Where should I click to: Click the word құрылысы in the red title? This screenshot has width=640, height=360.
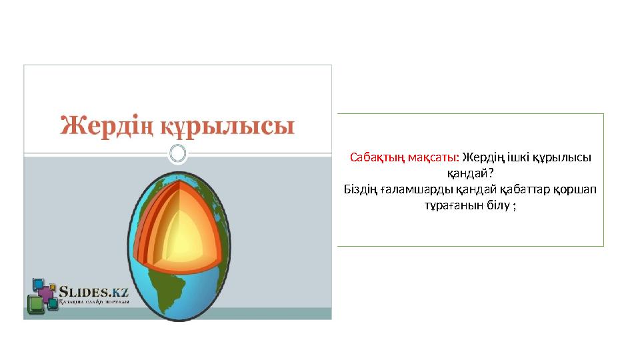click(227, 127)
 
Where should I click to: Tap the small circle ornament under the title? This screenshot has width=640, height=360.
click(177, 154)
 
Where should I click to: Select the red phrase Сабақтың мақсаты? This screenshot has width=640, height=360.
click(405, 157)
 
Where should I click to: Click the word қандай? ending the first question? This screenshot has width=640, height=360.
click(470, 173)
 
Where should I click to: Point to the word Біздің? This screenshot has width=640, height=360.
click(361, 189)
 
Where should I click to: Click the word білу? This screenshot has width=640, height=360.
click(498, 205)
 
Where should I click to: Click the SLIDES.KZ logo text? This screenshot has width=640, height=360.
click(93, 292)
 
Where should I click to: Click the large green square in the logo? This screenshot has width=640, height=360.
click(35, 305)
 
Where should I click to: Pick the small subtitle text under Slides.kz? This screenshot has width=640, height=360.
click(94, 302)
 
